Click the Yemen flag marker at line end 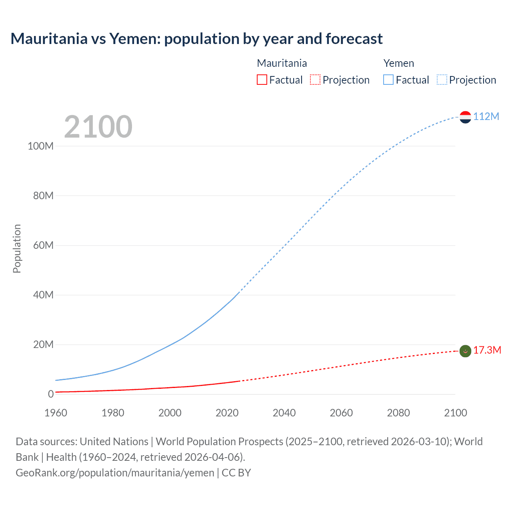tap(465, 117)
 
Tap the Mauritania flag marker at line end tap(465, 351)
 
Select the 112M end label tap(486, 116)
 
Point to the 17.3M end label tap(487, 350)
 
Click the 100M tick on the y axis tap(40, 146)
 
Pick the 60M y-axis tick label tap(43, 245)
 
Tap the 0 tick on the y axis tap(51, 394)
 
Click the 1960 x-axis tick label tap(56, 413)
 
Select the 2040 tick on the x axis tap(284, 413)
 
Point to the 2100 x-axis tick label tap(455, 413)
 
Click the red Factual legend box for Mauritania tap(262, 80)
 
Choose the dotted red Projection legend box tap(315, 80)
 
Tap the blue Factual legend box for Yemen tap(388, 80)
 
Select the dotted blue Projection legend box tap(442, 80)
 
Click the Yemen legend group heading tap(398, 63)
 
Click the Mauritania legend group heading tap(282, 63)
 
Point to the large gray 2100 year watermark tap(98, 127)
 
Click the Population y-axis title tap(17, 248)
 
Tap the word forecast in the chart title tap(354, 39)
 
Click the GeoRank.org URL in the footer tap(115, 473)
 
